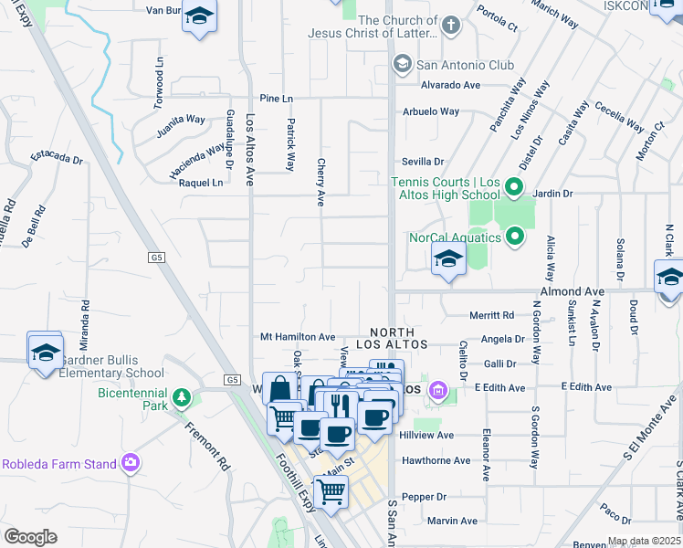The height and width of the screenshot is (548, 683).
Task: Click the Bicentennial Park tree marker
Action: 182,396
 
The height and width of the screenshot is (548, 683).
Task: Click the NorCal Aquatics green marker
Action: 515,237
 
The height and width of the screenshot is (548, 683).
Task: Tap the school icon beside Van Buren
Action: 200,19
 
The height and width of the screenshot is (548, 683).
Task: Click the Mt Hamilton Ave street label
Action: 298,337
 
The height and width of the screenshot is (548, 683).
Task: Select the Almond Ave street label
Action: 573,291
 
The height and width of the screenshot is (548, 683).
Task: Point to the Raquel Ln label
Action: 201,183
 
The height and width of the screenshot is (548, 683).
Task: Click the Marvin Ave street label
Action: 453,521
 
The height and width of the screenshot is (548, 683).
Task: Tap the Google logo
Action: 30,537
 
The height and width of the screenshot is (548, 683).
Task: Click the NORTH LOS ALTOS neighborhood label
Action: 392,339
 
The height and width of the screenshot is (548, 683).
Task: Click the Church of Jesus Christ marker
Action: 450,26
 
